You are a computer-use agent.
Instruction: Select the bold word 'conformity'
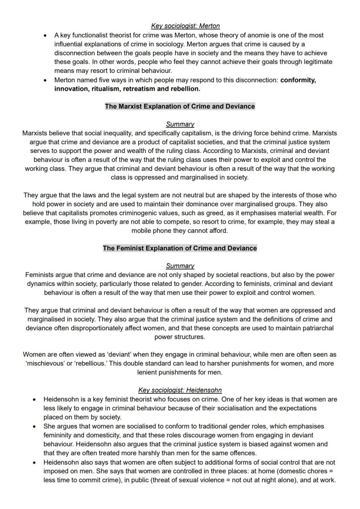[x=298, y=80]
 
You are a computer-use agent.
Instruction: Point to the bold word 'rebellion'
[x=184, y=89]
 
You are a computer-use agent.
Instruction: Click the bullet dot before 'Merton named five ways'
[x=46, y=80]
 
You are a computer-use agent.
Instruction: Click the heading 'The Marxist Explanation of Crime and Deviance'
[x=180, y=106]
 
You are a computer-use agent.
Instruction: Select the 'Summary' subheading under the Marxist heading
[x=180, y=124]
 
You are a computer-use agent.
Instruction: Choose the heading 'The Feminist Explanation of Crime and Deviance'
[x=180, y=248]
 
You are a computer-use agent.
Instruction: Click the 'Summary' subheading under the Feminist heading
[x=180, y=266]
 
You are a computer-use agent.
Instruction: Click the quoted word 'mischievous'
[x=45, y=363]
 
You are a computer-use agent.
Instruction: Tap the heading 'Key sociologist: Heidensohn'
[x=180, y=390]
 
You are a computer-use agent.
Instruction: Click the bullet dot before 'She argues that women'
[x=35, y=427]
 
